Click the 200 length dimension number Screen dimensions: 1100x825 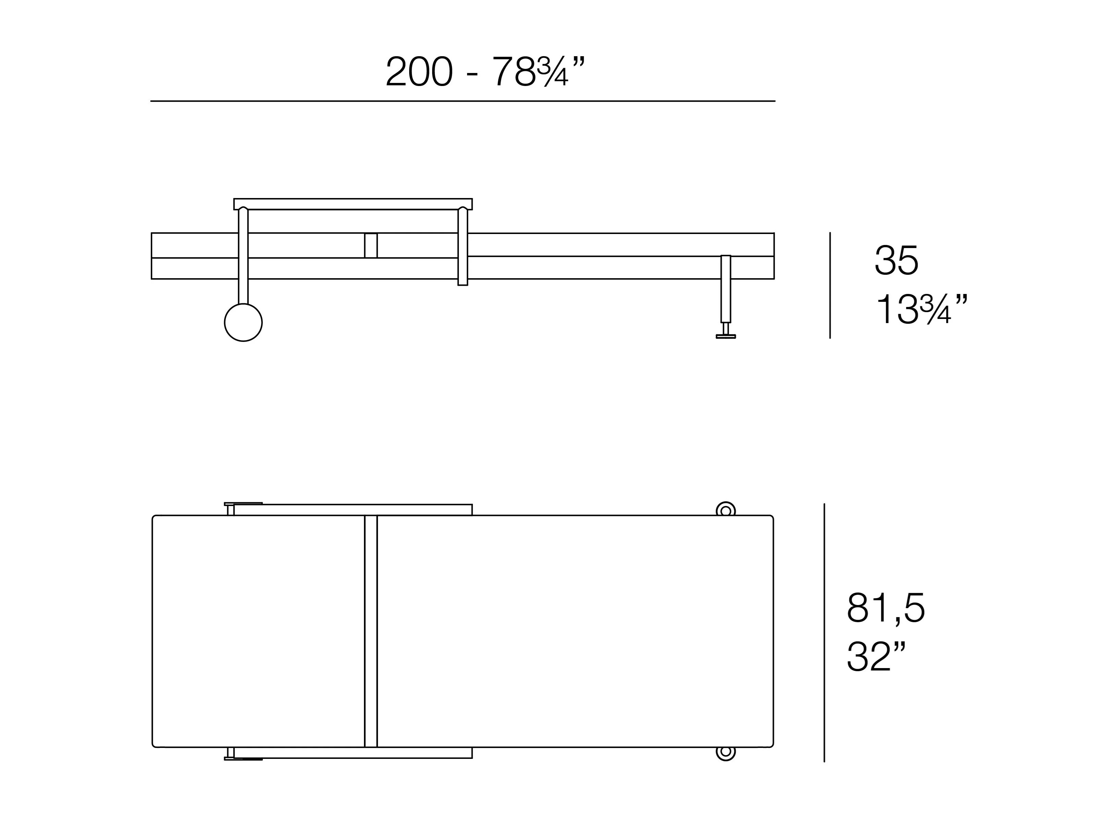click(419, 71)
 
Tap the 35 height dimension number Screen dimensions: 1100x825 click(896, 260)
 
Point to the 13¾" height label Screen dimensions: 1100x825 click(921, 308)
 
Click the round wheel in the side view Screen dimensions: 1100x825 click(243, 322)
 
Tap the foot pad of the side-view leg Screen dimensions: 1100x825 click(725, 336)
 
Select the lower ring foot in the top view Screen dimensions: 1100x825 click(725, 752)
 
